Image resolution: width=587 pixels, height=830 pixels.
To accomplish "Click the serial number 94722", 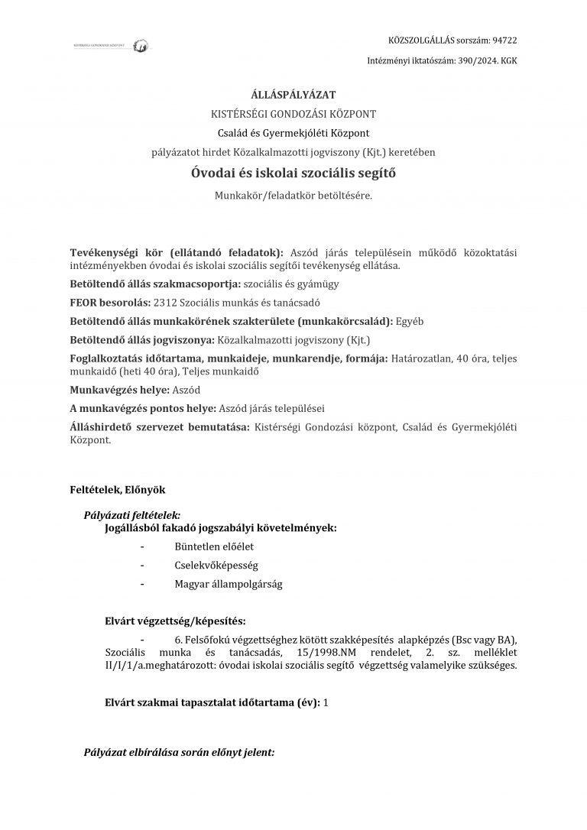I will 504,40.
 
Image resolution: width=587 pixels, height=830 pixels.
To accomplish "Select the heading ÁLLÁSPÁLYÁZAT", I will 293,95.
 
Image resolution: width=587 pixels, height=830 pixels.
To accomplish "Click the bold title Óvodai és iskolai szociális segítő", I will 293,173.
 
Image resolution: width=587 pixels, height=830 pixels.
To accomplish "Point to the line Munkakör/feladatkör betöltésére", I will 293,196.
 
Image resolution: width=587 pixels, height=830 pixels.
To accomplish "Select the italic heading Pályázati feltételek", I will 131,516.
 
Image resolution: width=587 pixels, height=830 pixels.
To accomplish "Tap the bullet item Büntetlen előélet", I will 214,547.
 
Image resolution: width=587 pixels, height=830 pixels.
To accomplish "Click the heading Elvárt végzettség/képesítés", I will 175,621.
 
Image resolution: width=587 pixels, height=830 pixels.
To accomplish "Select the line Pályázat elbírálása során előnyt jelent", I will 179,752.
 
